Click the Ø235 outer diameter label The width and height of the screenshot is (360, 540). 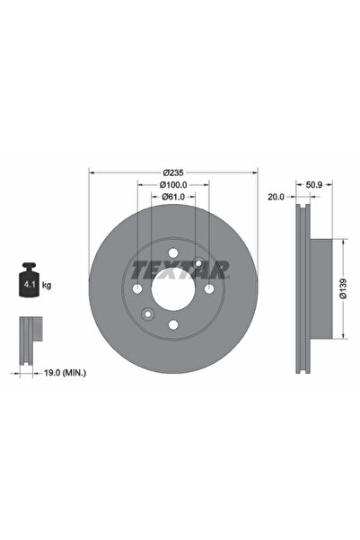(173, 172)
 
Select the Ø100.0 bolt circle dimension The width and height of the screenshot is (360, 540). (173, 185)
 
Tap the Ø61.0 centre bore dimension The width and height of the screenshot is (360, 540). (173, 197)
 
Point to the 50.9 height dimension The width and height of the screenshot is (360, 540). (314, 185)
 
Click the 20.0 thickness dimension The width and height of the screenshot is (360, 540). (276, 197)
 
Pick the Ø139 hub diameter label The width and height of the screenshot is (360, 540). (343, 288)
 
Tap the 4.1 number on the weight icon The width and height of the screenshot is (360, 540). (28, 285)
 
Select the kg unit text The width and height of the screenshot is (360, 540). (47, 285)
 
